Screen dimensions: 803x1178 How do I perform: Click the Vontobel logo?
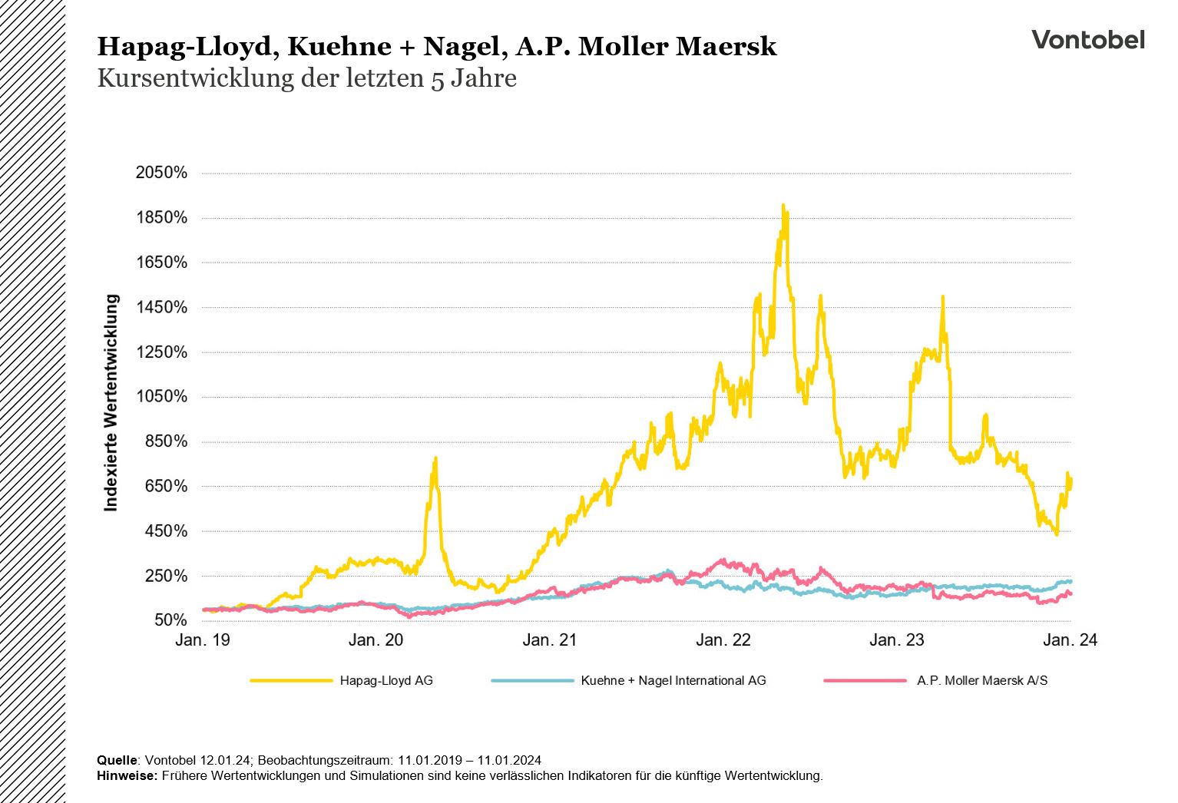click(x=1087, y=40)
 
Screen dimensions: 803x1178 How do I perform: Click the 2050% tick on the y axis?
click(x=161, y=173)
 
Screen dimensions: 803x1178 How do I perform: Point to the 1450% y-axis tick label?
click(x=161, y=307)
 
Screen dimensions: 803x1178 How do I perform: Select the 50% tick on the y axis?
click(x=170, y=620)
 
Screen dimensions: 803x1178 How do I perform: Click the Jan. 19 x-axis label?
click(x=203, y=640)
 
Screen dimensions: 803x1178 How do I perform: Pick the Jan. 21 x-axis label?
click(x=549, y=640)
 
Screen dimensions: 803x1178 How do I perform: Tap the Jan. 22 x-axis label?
click(x=723, y=640)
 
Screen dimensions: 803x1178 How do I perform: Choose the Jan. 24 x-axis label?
click(x=1070, y=640)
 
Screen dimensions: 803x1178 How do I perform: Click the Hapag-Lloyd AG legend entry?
click(x=385, y=680)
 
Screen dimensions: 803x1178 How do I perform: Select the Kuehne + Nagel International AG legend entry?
click(x=673, y=680)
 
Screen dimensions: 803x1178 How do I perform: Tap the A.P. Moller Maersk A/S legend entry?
click(x=981, y=680)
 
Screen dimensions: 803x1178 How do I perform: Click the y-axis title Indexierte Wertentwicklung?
click(x=112, y=402)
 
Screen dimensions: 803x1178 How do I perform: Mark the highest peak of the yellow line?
click(x=783, y=206)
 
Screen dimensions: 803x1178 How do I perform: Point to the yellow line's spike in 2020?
click(x=435, y=459)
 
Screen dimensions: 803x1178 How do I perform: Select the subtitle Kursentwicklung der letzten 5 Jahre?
click(x=306, y=78)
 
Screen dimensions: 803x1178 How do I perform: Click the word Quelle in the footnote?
click(x=117, y=760)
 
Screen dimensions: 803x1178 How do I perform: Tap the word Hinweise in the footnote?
click(x=127, y=775)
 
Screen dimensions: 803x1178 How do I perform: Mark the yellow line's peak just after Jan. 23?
click(x=942, y=297)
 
